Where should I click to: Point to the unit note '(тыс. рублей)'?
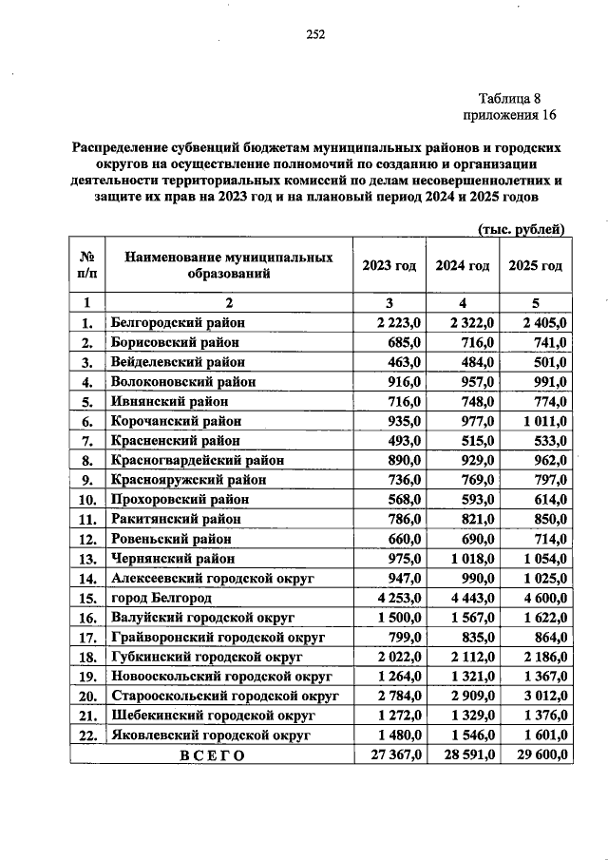521,229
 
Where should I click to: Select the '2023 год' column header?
389,266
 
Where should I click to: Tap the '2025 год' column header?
536,266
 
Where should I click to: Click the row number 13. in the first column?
87,559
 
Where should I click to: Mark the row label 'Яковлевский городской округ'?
211,736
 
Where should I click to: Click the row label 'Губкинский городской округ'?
206,658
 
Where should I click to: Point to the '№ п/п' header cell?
86,266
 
